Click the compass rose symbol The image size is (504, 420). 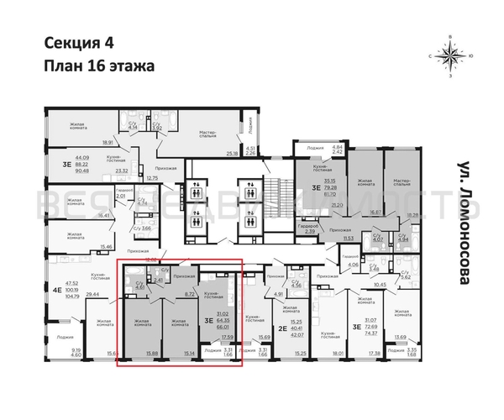point(452,56)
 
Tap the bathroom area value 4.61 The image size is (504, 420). point(140,288)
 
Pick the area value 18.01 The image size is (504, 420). point(338,354)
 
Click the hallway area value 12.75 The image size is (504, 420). point(151,178)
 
